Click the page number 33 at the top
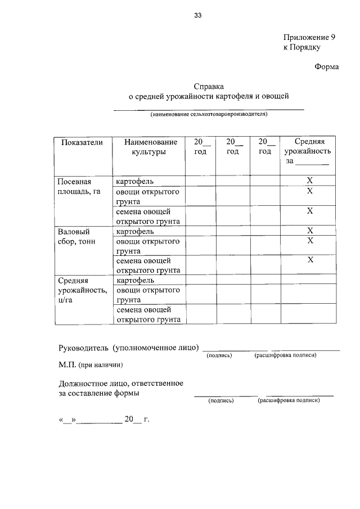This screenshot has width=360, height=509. pos(197,16)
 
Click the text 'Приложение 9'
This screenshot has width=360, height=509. pos(309,37)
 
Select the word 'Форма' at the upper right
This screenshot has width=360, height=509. pos(326,67)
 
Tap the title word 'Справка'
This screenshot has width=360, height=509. pos(209,87)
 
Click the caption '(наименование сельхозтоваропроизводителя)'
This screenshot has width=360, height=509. pos(209,114)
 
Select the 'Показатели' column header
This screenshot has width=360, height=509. pos(82,143)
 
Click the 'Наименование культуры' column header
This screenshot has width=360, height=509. pos(148,147)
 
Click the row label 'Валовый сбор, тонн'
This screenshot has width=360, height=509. pos(76,236)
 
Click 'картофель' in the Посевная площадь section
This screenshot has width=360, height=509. pos(135,181)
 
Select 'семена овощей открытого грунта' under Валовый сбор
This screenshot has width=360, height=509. pos(148,265)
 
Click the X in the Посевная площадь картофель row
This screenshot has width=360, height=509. pos(309,181)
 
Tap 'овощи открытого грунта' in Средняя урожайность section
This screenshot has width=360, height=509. pos(147,295)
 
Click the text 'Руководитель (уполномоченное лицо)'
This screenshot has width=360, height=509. pos(129,348)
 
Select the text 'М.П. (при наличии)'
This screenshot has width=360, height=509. pos(90,364)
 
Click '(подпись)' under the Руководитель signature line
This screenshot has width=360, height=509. pos(219,355)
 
